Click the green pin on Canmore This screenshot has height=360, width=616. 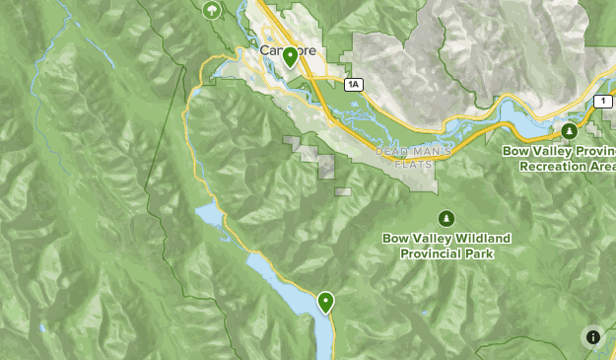click(x=290, y=57)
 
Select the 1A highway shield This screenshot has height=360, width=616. click(x=354, y=86)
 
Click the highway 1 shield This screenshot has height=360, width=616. click(x=602, y=102)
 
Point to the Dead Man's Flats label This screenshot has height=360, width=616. click(x=414, y=157)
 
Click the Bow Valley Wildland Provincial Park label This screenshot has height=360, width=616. click(x=446, y=246)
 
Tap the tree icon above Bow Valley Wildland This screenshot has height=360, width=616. click(x=446, y=217)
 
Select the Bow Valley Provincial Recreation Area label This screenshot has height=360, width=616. click(x=559, y=158)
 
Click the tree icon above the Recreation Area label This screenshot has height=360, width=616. click(x=569, y=130)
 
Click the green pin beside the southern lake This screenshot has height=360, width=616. click(x=325, y=302)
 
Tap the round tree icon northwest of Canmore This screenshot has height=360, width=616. click(x=210, y=11)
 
